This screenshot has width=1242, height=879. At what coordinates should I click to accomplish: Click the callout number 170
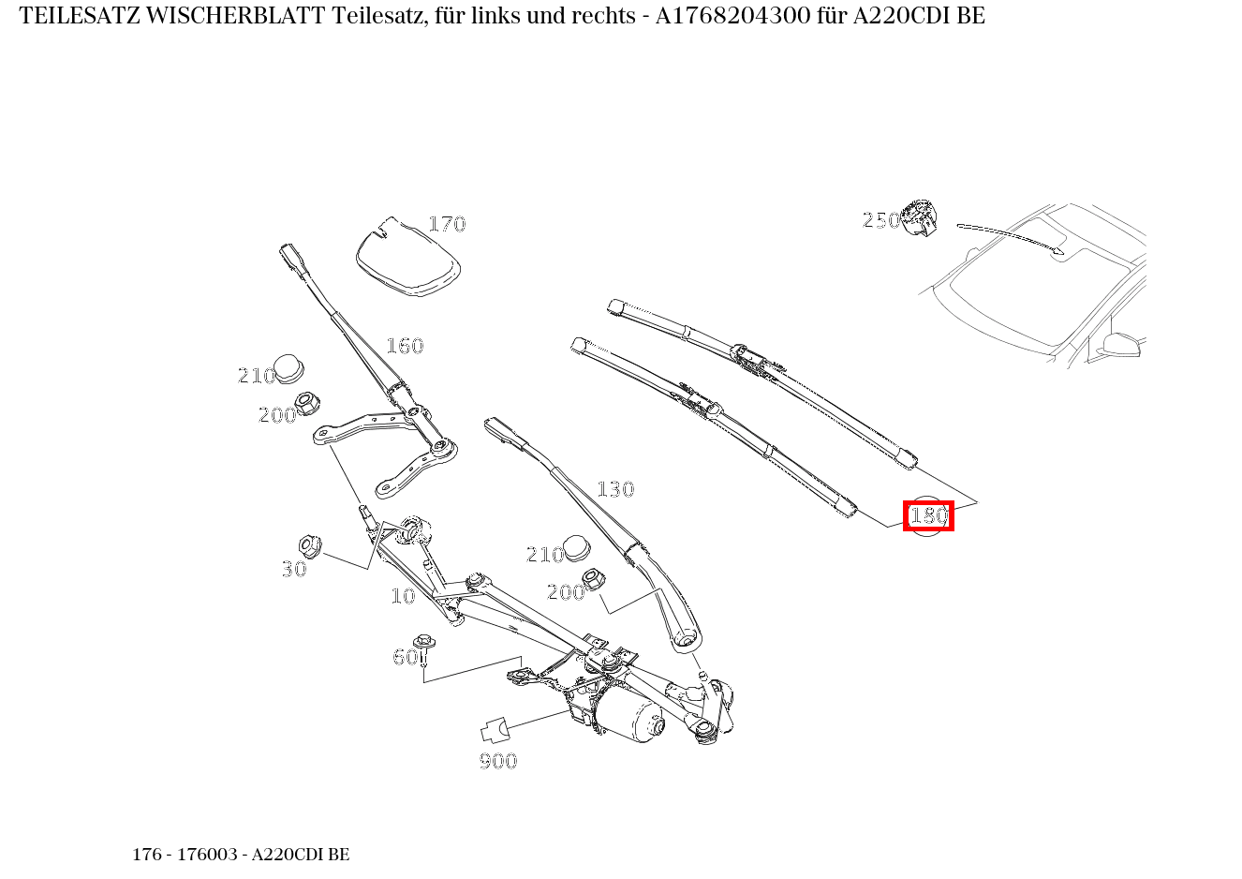click(x=447, y=224)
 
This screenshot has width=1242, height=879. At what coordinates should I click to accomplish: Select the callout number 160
click(x=405, y=346)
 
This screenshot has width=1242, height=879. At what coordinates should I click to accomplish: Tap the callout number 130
click(x=615, y=489)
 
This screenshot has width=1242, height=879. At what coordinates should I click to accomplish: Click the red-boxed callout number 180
click(x=928, y=516)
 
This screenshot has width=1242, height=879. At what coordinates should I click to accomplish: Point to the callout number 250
click(x=880, y=220)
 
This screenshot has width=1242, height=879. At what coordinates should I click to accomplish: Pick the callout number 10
click(x=403, y=596)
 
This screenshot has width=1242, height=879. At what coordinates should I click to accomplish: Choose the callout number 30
click(x=294, y=569)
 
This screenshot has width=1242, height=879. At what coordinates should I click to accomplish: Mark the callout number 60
click(x=405, y=658)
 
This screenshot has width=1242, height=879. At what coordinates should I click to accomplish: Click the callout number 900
click(x=498, y=761)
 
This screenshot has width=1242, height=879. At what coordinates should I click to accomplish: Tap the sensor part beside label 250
click(x=919, y=217)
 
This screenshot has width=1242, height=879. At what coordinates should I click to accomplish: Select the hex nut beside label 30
click(x=309, y=544)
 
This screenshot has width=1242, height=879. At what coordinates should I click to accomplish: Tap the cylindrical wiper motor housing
click(x=631, y=718)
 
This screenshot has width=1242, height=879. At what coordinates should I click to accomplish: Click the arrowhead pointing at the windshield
click(x=1059, y=250)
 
